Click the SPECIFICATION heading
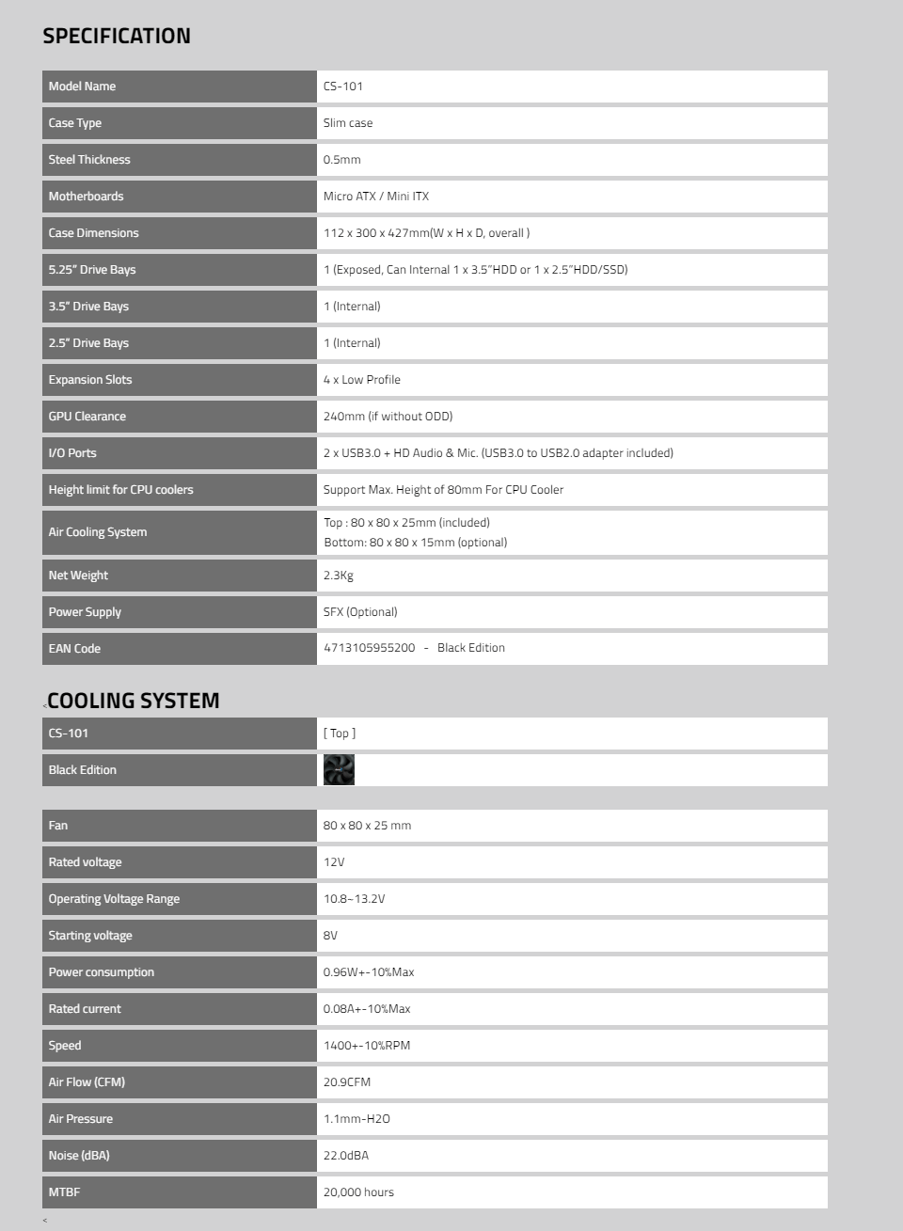(x=117, y=37)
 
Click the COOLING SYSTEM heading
(x=133, y=701)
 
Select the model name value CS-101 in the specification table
(x=342, y=87)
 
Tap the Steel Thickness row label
(x=89, y=160)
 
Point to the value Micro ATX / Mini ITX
(x=375, y=197)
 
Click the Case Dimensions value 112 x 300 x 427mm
(x=426, y=233)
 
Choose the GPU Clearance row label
(x=87, y=417)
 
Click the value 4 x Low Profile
(x=361, y=380)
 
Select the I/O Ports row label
(x=72, y=453)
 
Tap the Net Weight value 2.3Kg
(x=338, y=576)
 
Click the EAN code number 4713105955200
(x=369, y=648)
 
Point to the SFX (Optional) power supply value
(x=360, y=612)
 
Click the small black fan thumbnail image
(x=339, y=770)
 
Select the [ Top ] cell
(x=339, y=734)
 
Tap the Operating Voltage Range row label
(x=114, y=899)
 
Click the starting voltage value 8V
(x=330, y=936)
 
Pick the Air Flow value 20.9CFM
(x=346, y=1082)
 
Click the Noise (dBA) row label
(x=79, y=1156)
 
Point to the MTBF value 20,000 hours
(x=358, y=1192)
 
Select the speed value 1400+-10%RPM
(x=366, y=1046)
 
